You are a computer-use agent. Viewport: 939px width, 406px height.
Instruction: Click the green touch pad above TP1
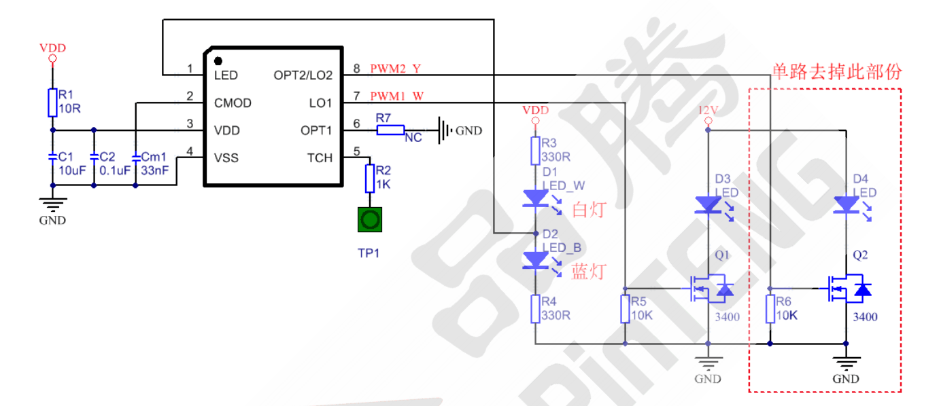[370, 220]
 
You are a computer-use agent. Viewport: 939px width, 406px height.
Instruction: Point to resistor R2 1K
[370, 178]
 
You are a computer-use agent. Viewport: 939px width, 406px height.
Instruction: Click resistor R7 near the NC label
[391, 130]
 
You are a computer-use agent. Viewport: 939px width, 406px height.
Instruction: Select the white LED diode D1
[535, 198]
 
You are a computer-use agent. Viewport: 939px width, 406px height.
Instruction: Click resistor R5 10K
[626, 310]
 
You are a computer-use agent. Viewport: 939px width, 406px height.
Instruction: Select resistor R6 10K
[770, 310]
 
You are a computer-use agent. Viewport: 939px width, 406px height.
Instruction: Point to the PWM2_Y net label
[396, 69]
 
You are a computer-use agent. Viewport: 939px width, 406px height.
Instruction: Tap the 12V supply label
[708, 110]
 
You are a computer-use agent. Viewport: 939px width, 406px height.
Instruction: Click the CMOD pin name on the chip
[233, 103]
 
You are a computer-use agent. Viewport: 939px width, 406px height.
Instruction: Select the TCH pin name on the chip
[320, 158]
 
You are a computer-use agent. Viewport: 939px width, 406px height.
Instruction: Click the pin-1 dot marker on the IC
[218, 61]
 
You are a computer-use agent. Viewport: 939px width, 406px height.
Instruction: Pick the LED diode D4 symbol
[845, 204]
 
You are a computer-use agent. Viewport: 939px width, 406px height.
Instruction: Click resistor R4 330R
[535, 309]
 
